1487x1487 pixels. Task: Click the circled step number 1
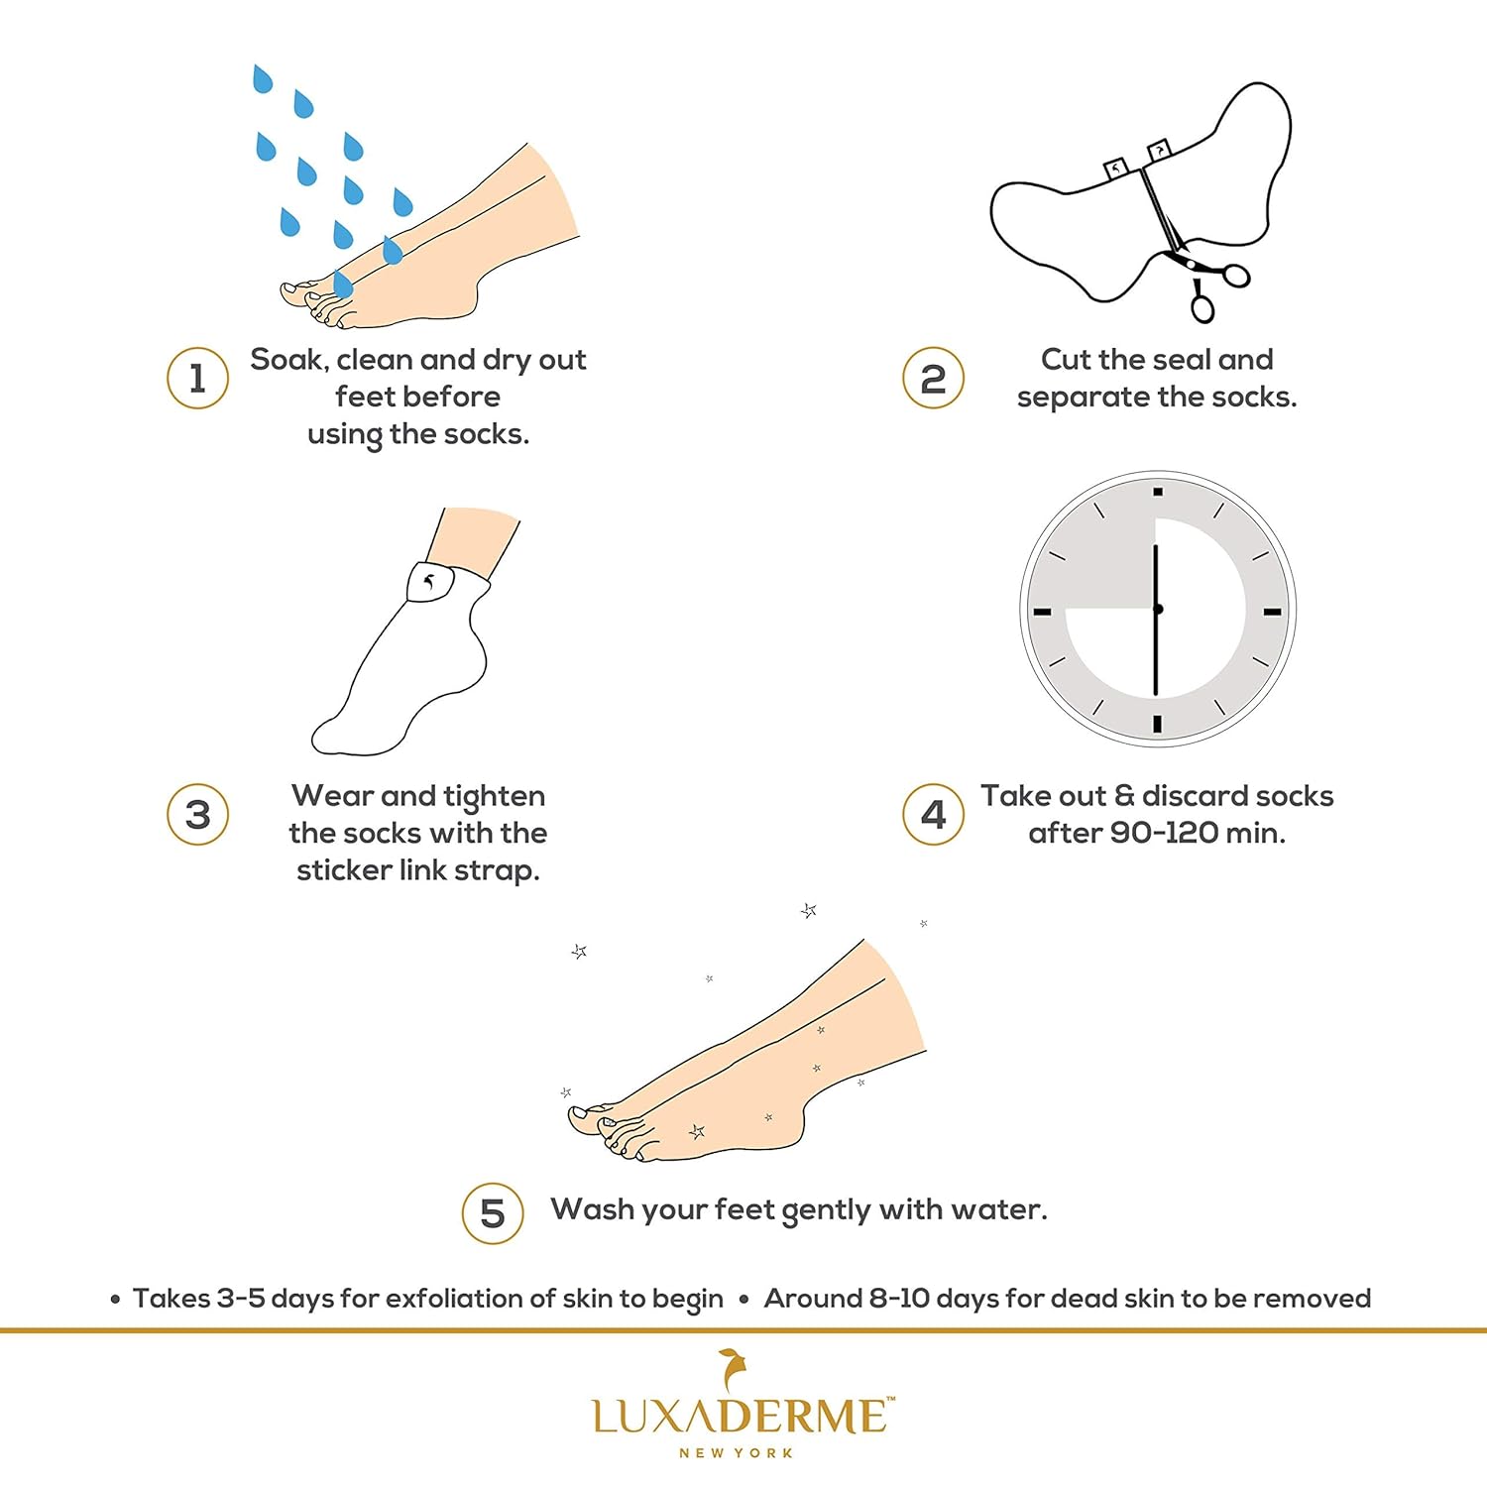click(x=197, y=378)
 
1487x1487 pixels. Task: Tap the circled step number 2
click(x=933, y=378)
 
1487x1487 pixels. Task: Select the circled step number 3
click(x=197, y=814)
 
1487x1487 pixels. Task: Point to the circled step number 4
click(x=933, y=814)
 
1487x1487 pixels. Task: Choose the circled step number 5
click(x=493, y=1213)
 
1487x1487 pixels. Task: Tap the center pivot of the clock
click(x=1157, y=609)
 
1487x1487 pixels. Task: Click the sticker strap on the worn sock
click(x=430, y=581)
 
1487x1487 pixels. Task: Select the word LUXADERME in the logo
click(x=742, y=1415)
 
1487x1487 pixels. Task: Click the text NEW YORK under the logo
click(x=736, y=1453)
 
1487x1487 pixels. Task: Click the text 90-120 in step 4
click(x=1164, y=833)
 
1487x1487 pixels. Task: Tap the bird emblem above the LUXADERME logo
click(x=734, y=1370)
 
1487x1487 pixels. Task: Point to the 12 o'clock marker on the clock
click(x=1157, y=492)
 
